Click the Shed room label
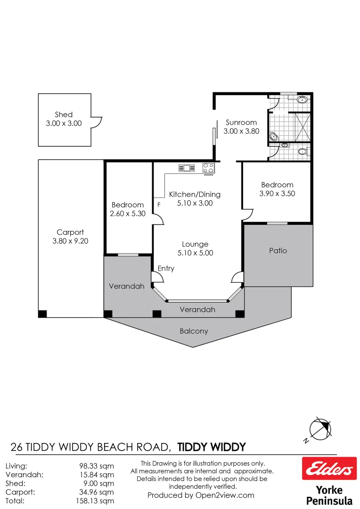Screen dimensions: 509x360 click(x=64, y=115)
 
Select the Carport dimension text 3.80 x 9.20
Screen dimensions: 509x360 click(x=70, y=241)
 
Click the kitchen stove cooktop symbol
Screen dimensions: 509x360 click(x=208, y=167)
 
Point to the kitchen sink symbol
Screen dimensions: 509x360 click(x=187, y=168)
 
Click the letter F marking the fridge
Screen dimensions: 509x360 click(x=159, y=205)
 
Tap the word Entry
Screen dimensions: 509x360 click(x=166, y=269)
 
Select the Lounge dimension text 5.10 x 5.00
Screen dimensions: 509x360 click(x=195, y=253)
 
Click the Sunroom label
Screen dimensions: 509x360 click(x=241, y=123)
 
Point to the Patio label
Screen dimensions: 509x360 click(x=278, y=251)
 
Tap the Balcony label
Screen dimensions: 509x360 click(x=194, y=331)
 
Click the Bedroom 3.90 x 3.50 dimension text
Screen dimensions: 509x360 click(x=277, y=194)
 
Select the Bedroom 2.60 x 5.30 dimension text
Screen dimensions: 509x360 click(x=127, y=213)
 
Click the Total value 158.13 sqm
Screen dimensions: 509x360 click(x=96, y=501)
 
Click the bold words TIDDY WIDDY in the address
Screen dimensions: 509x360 click(x=212, y=447)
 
